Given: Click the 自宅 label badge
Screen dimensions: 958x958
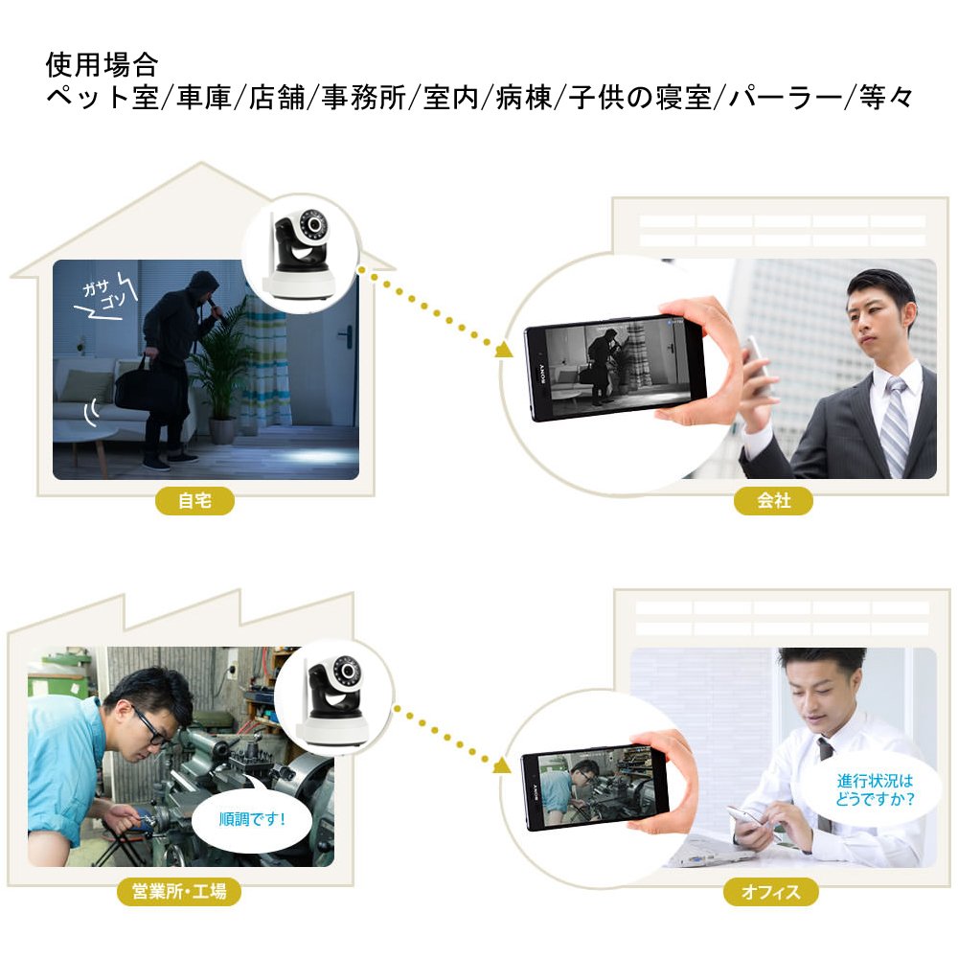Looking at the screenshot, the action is [194, 500].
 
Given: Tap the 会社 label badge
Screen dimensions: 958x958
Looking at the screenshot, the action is [773, 500].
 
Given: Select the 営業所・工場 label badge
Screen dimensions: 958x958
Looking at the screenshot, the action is [179, 891].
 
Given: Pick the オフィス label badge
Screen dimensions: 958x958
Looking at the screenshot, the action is [771, 891].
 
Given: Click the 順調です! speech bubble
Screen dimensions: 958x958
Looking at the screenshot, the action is [252, 819].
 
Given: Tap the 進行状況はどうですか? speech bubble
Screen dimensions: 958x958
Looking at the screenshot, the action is [875, 789].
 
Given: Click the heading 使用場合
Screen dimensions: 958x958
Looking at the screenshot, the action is [103, 65].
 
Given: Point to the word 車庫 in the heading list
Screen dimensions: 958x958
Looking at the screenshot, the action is [203, 98].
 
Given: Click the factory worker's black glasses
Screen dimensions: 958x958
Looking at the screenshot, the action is [148, 727].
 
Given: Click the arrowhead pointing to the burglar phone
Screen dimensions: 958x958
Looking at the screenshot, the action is [503, 350].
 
